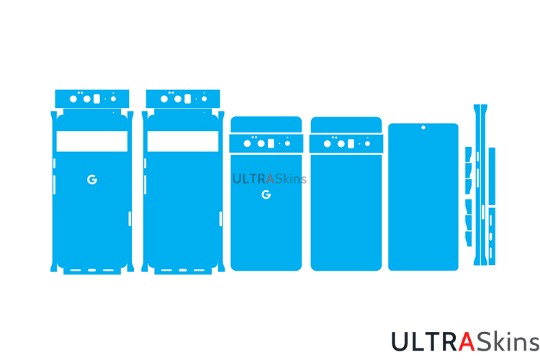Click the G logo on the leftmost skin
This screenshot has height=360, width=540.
pos(91,179)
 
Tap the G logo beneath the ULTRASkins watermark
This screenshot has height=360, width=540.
pos(266,194)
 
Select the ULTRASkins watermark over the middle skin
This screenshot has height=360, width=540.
pos(269,179)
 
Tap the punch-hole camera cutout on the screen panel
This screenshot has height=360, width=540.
pos(423,128)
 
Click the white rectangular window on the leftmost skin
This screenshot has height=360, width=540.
pos(91,141)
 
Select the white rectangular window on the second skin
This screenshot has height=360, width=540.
pos(182,141)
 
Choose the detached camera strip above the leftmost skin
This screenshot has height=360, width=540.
pos(92,98)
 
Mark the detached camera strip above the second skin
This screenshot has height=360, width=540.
pos(182,98)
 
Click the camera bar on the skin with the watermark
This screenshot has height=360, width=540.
pos(266,143)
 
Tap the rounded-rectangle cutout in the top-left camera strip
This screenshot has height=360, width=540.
pos(95,99)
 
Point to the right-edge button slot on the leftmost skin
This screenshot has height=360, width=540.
pos(130,218)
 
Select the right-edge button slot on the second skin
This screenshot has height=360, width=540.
pos(220,218)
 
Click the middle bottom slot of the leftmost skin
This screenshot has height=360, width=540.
pos(92,271)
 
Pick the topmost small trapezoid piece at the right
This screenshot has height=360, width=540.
pos(468,153)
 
